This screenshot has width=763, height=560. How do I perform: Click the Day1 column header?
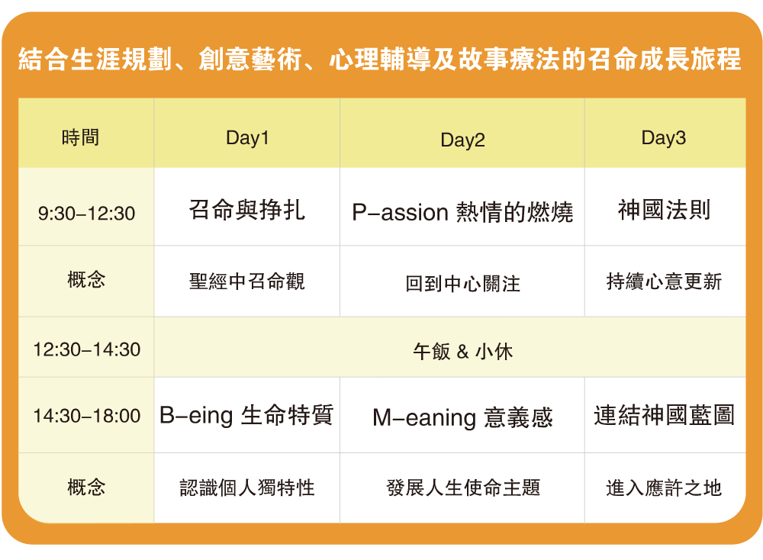247,138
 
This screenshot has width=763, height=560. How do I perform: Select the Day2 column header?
462,140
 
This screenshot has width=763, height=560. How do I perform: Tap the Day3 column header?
664,138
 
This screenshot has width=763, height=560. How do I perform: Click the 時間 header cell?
81,138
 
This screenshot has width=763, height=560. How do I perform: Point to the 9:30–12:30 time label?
86,214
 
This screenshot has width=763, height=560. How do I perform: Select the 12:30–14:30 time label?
86,350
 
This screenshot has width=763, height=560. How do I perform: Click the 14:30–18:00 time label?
86,417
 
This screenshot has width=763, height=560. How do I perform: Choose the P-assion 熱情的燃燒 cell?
462,212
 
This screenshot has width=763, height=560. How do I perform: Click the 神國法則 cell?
664,210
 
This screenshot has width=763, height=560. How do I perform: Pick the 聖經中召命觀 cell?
247,282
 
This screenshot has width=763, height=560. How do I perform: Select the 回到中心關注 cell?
462,284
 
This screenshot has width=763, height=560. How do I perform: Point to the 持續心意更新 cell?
664,282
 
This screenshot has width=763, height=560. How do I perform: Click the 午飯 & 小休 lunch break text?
462,351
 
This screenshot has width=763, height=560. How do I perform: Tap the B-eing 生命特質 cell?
246,415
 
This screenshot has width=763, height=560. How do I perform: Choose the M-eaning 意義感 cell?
462,417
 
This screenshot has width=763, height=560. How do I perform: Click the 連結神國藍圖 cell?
664,415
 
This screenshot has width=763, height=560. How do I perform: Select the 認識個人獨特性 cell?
247,488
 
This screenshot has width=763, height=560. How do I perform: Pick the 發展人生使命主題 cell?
462,488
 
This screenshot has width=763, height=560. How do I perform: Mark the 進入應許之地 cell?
664,488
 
